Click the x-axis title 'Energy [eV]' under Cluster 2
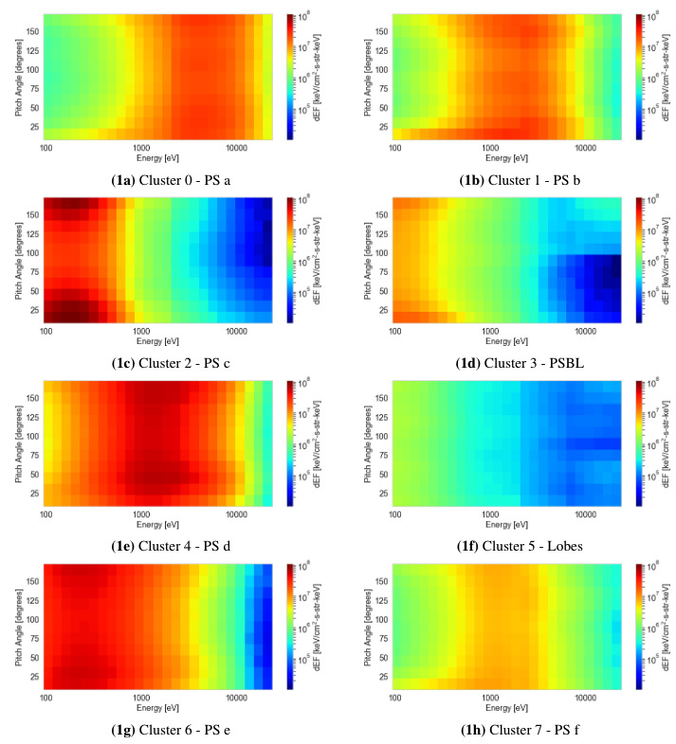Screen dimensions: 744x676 point(159,340)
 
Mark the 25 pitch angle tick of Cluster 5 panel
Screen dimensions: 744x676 point(383,493)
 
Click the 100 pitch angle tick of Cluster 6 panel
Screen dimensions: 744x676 point(35,619)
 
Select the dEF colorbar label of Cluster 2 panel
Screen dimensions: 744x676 point(317,260)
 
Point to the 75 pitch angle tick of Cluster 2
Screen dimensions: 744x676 point(34,272)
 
